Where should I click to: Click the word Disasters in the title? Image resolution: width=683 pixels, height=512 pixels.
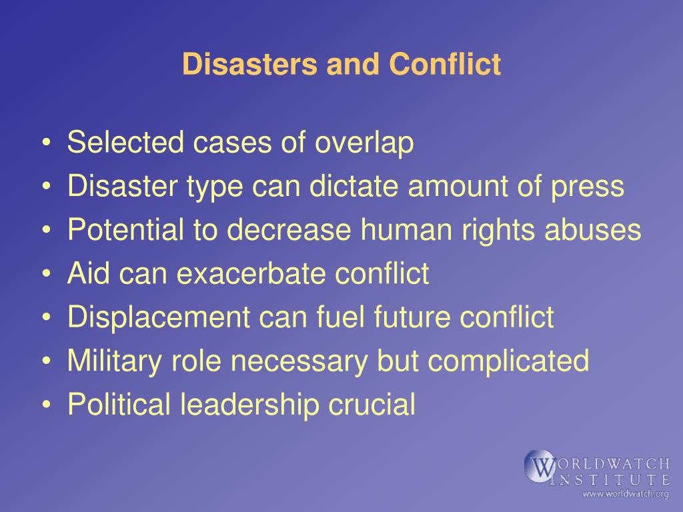pos(250,64)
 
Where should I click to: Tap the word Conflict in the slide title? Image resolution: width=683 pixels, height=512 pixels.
pos(445,64)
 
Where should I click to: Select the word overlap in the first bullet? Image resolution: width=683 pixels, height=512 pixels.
pos(364,143)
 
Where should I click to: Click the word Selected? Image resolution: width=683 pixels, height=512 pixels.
pos(125,142)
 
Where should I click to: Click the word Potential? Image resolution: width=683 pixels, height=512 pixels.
pos(125,229)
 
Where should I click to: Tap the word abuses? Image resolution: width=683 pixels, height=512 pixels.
pos(593,229)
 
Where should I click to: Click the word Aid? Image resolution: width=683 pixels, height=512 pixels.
pos(88,273)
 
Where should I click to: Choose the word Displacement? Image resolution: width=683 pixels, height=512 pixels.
pos(159,317)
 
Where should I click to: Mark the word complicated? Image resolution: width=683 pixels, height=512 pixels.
pos(508,361)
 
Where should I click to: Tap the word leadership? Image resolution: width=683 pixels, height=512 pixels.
pos(249,405)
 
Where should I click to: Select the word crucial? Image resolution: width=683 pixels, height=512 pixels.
pos(372,403)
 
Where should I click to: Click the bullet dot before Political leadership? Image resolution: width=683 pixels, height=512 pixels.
pos(47,405)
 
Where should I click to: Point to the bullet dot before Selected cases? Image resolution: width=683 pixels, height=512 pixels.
pos(47,143)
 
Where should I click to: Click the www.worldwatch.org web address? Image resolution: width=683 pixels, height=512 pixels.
pos(626,494)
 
